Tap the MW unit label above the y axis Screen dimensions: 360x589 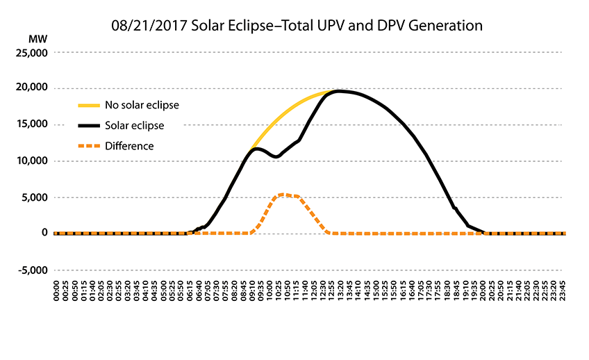(x=37, y=36)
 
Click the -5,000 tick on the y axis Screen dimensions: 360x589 (x=33, y=270)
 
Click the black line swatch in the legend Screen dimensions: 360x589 (x=88, y=126)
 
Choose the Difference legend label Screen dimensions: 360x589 (x=129, y=146)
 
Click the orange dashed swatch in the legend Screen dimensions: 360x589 (x=88, y=146)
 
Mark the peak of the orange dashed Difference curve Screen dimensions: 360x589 (x=283, y=195)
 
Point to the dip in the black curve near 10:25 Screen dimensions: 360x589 (x=276, y=157)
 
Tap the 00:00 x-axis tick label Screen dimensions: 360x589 (x=57, y=290)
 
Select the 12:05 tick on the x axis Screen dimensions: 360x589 (x=315, y=290)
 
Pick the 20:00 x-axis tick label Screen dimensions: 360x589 (x=483, y=290)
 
